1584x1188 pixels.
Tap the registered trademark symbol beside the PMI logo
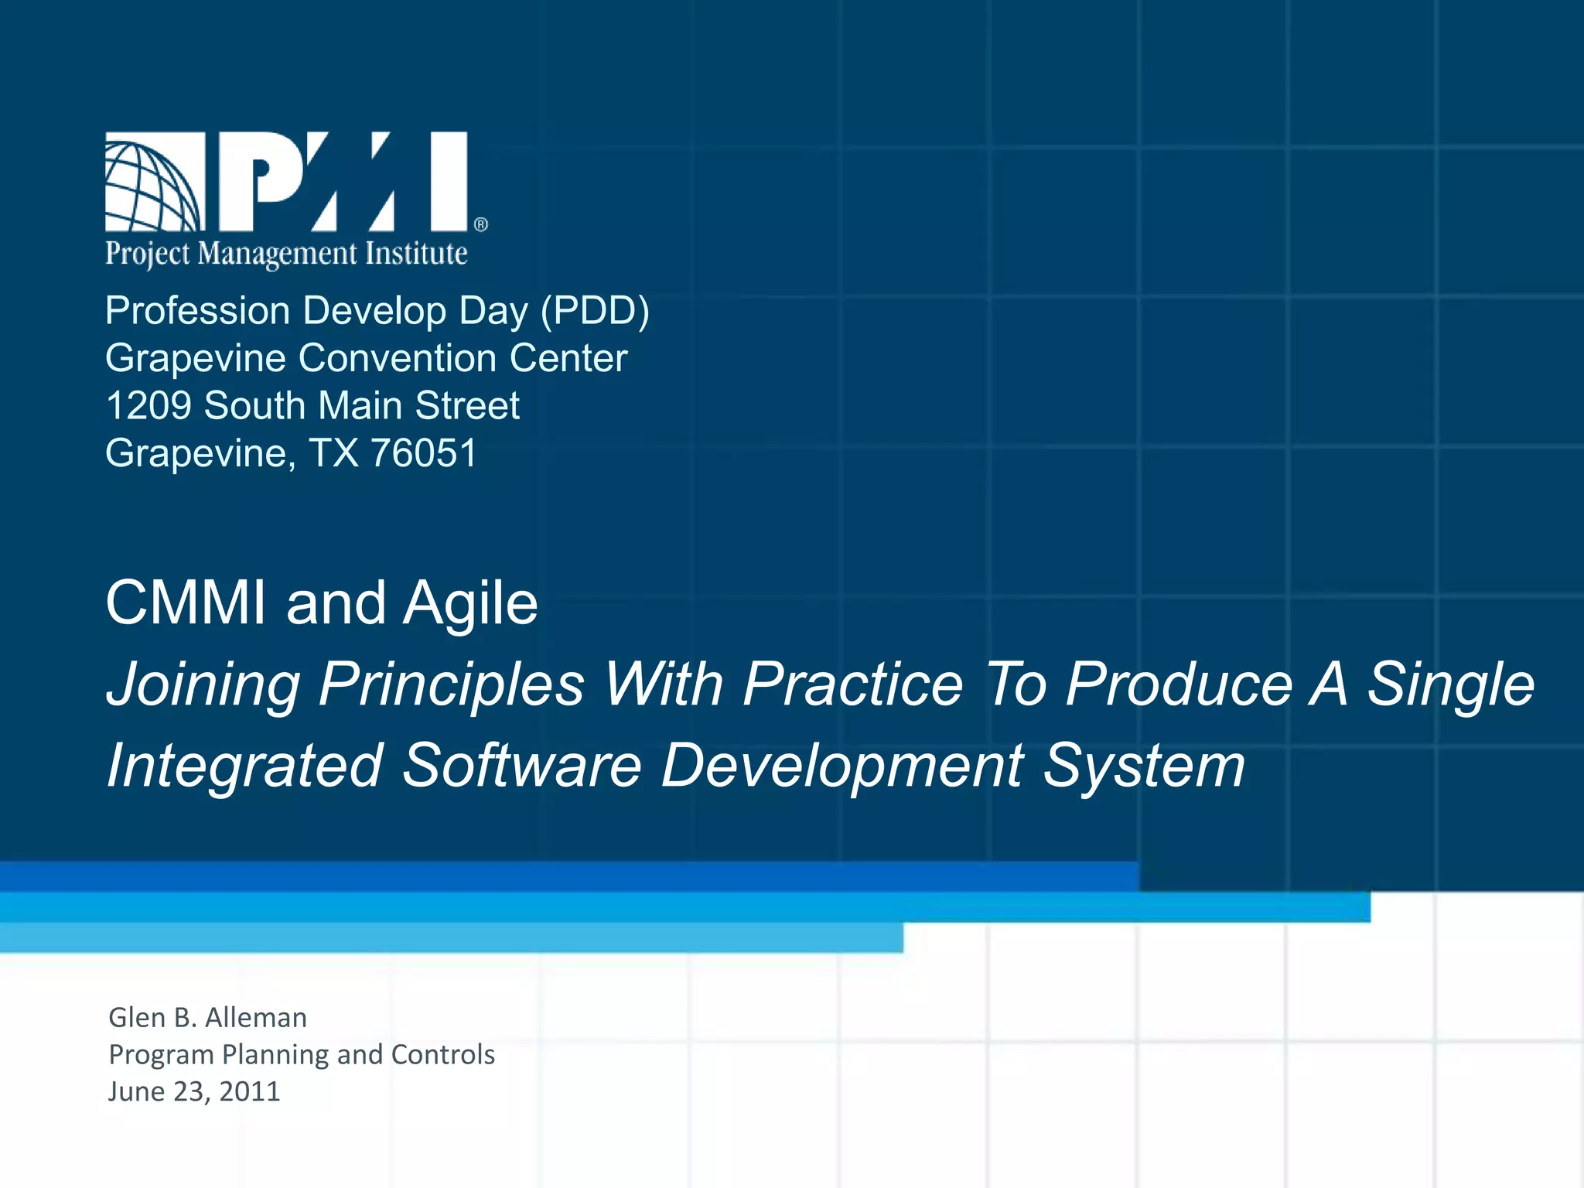click(x=480, y=224)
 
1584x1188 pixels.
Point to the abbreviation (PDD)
click(x=595, y=311)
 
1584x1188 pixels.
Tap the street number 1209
click(x=148, y=406)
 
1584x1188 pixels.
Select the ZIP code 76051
click(x=424, y=453)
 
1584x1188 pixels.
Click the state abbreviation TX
click(x=334, y=453)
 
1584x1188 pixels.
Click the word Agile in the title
click(x=470, y=604)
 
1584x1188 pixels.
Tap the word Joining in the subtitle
click(x=203, y=685)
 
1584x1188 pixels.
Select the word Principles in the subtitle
click(x=452, y=684)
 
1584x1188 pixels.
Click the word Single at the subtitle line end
click(x=1450, y=685)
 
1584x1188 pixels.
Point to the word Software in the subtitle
click(x=522, y=766)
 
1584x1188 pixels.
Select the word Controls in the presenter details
click(x=443, y=1055)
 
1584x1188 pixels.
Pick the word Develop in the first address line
click(x=374, y=312)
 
